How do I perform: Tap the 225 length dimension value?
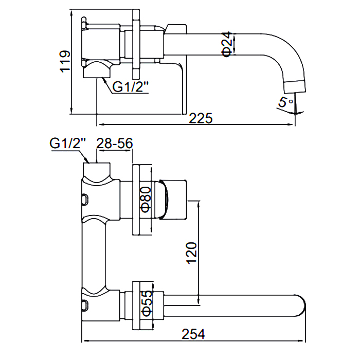tap(201, 118)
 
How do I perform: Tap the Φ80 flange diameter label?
tap(145, 200)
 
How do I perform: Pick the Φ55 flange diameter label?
tap(146, 304)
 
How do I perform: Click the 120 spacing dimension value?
tap(191, 253)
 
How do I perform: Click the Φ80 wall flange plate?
tap(137, 200)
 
